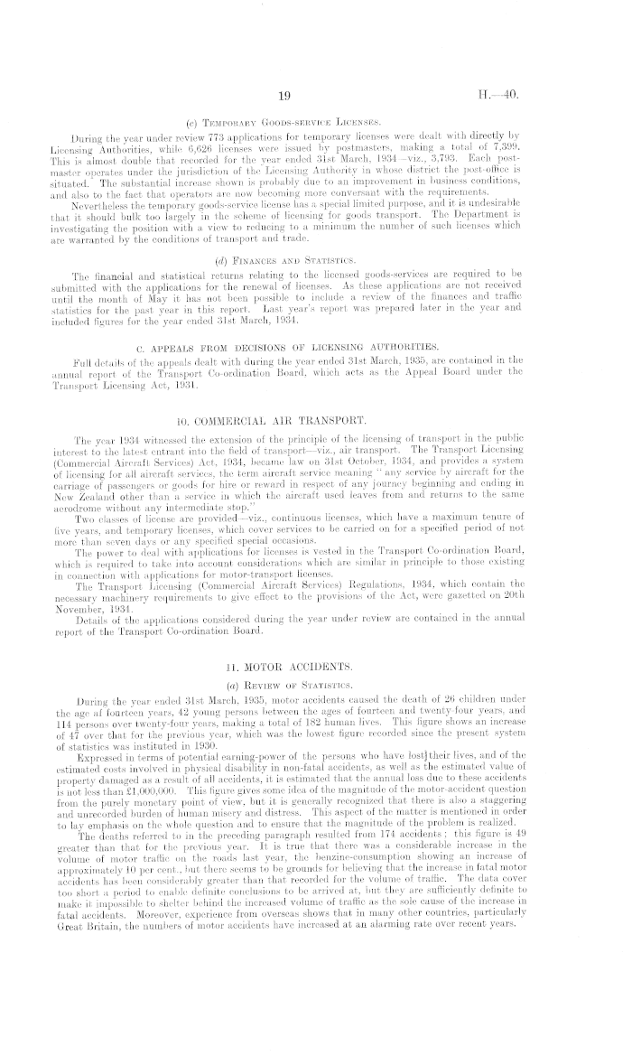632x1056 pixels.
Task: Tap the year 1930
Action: (x=246, y=722)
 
